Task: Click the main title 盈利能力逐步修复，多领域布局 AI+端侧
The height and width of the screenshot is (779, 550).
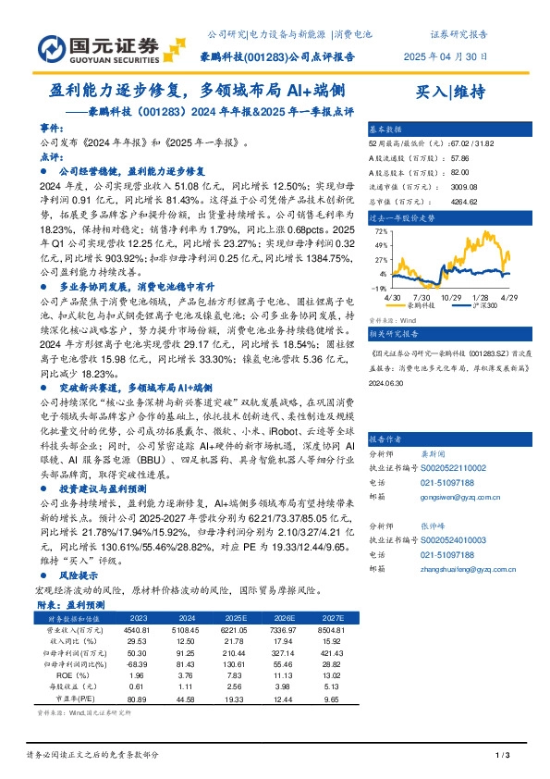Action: pos(199,91)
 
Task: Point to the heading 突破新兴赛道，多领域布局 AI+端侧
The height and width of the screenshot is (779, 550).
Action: pos(136,386)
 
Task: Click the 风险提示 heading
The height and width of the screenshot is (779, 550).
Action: pos(76,574)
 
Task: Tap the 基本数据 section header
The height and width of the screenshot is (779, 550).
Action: pos(385,129)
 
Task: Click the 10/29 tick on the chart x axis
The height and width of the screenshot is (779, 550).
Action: pos(451,297)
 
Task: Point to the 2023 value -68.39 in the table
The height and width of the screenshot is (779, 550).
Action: pos(138,665)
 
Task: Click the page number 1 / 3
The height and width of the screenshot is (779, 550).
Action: pos(504,757)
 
